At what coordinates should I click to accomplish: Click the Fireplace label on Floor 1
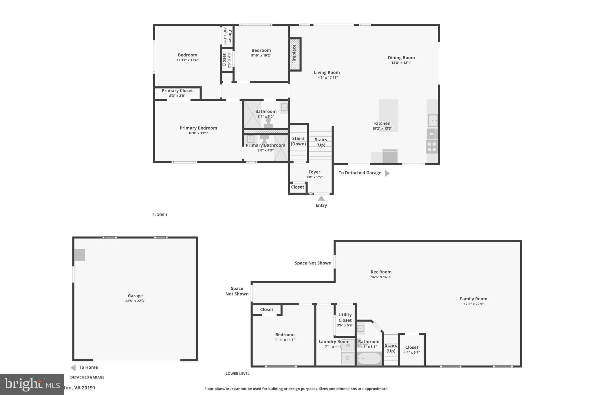[294, 54]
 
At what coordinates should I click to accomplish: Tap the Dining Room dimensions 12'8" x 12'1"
[401, 63]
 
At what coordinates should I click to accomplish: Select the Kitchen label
[382, 123]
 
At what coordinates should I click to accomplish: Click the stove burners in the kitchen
[432, 147]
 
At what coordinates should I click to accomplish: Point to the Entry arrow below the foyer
[321, 198]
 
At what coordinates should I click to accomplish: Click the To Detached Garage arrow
[387, 173]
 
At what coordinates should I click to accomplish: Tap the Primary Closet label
[177, 91]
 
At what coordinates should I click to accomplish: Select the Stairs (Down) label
[298, 141]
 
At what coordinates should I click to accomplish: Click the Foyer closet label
[297, 187]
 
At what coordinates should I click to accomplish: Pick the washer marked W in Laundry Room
[348, 345]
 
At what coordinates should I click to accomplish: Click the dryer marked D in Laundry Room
[348, 358]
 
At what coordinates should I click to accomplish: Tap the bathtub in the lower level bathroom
[369, 359]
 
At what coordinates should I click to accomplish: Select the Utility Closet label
[345, 317]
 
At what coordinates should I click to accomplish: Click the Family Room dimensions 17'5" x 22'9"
[473, 304]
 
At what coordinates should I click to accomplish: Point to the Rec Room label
[381, 272]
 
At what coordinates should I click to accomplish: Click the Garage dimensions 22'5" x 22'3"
[135, 301]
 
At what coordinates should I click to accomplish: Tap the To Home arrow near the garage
[73, 368]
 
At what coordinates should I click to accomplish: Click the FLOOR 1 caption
[160, 215]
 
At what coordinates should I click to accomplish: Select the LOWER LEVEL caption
[237, 374]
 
